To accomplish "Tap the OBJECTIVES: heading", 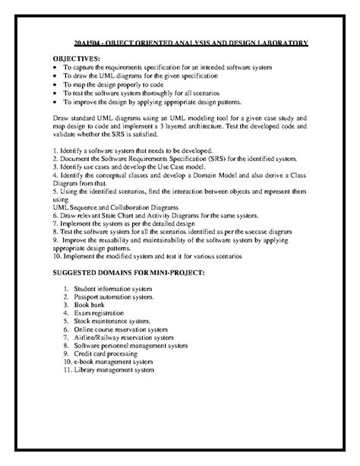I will point(76,59).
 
